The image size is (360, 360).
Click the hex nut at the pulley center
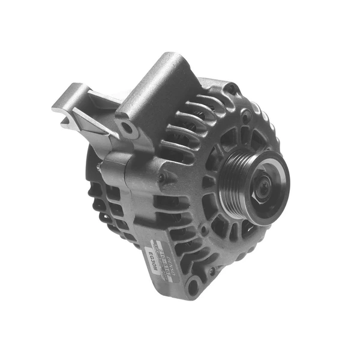[x=263, y=188]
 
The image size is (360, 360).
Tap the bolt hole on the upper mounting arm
[x=126, y=127]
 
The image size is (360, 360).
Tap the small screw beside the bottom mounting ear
[x=211, y=271]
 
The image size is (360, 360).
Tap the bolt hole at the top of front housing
[x=229, y=88]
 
